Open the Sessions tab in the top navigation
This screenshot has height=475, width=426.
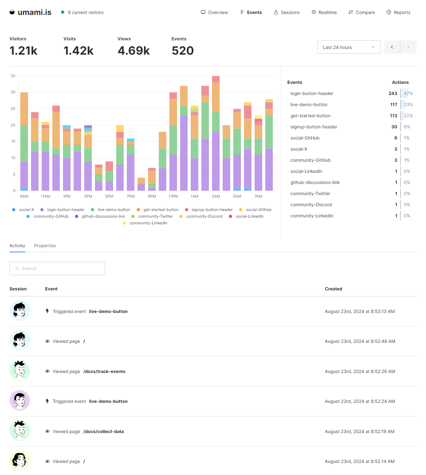coord(287,12)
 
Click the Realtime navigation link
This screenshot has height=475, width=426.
coord(324,12)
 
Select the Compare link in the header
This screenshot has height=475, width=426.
coord(362,12)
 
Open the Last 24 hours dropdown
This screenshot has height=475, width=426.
coord(349,47)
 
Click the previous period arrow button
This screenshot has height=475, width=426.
coord(392,47)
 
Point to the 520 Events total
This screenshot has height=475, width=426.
coord(182,51)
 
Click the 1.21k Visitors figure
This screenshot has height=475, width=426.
coord(24,51)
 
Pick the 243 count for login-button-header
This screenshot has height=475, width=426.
coord(393,93)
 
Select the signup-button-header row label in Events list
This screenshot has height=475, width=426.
coord(313,127)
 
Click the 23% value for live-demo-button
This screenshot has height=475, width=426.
coord(408,105)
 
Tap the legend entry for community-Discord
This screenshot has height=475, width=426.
coord(204,216)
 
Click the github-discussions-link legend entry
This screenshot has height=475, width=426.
coord(103,216)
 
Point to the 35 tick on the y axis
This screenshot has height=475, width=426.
coord(13,76)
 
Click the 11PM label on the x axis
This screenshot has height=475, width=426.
coord(173,196)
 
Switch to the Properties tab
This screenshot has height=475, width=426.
coord(45,246)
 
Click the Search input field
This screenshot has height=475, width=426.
coord(57,268)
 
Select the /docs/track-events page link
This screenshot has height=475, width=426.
coord(104,371)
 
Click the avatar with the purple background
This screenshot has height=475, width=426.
coord(20,400)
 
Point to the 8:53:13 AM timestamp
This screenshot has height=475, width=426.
coord(360,311)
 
